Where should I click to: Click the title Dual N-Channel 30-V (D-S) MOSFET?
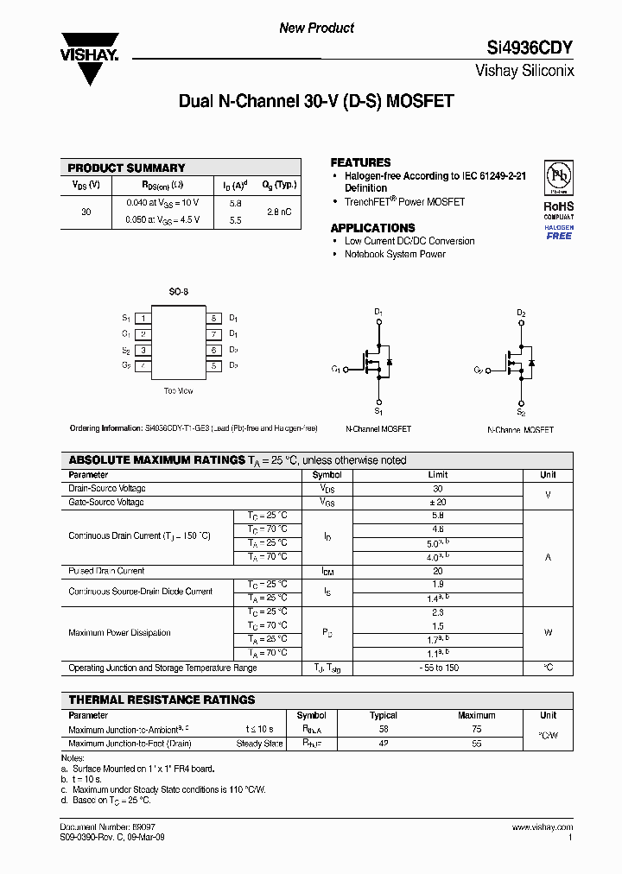(x=315, y=101)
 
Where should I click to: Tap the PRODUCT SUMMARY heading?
(x=126, y=168)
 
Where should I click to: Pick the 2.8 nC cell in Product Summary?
(x=278, y=212)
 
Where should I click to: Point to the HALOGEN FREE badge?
(x=559, y=231)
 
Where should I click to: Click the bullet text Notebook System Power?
(x=395, y=255)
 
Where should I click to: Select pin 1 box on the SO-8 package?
(x=143, y=318)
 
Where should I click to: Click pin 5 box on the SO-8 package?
(x=213, y=366)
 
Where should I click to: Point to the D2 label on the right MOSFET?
(x=521, y=313)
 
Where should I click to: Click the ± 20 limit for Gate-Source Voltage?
(x=437, y=502)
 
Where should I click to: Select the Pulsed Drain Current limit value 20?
(x=437, y=571)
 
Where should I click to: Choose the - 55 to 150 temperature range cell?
(x=437, y=668)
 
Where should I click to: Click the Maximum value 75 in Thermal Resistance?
(x=476, y=729)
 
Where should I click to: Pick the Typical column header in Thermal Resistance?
(x=384, y=715)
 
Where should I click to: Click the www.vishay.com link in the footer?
(x=543, y=827)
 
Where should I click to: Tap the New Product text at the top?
(x=316, y=28)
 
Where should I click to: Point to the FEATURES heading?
(x=360, y=162)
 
